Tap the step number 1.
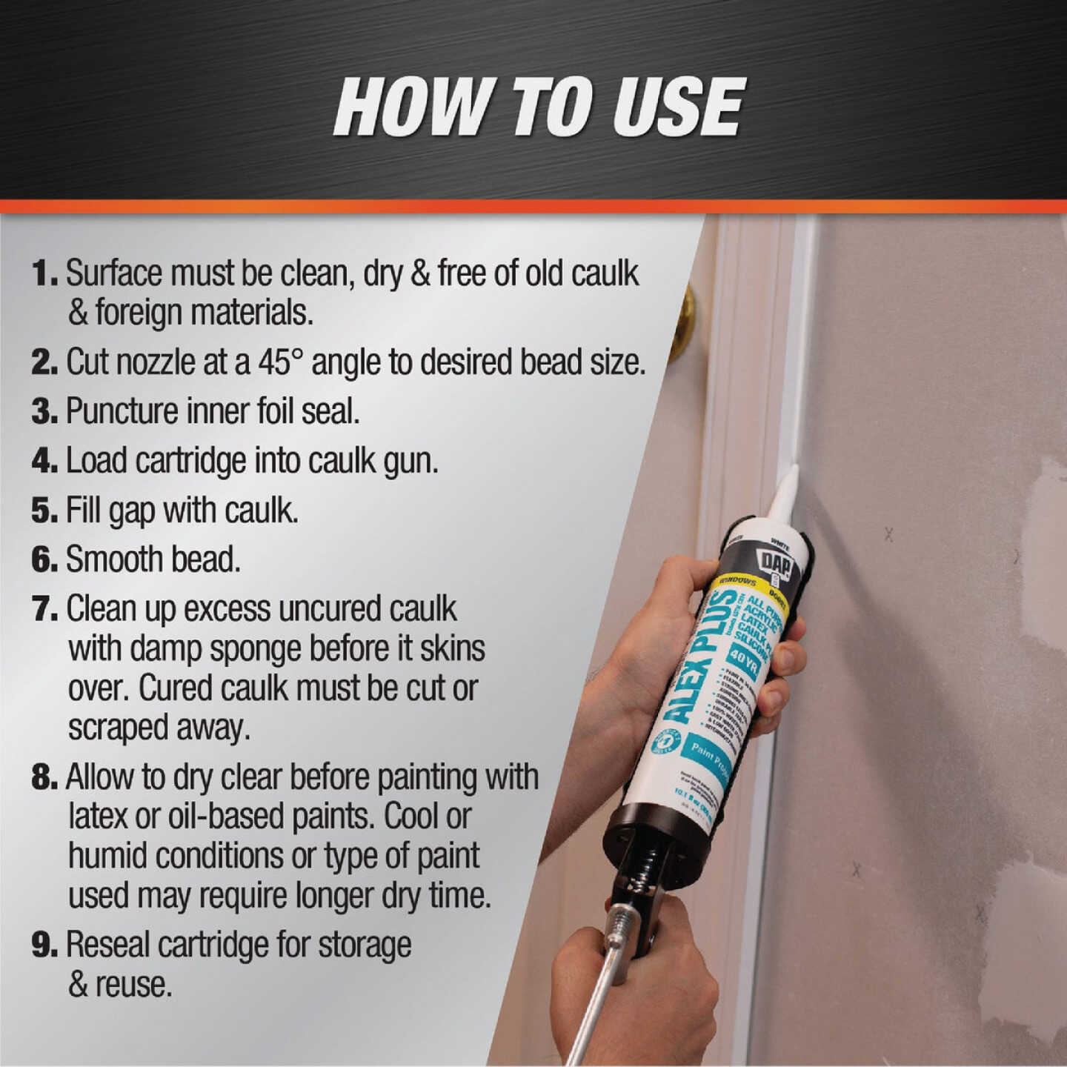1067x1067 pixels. (x=44, y=273)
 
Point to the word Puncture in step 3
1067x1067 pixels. (x=121, y=412)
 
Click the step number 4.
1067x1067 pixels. (x=44, y=461)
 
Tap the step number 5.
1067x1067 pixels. (x=44, y=511)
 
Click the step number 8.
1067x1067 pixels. (x=44, y=777)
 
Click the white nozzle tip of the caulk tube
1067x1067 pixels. (x=785, y=489)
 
